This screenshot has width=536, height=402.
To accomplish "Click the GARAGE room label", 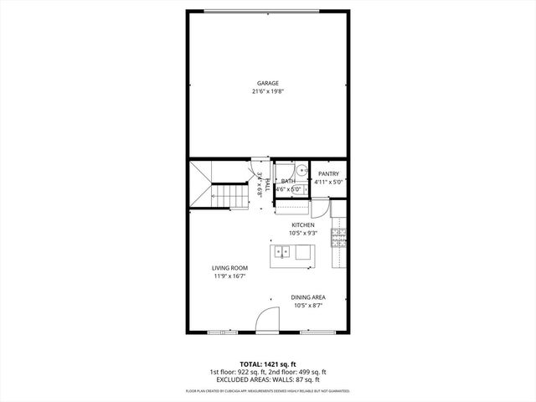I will click(x=268, y=83).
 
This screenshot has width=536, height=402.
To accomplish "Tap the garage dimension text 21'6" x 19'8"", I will click(x=268, y=91).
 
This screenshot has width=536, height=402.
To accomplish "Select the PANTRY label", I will click(x=328, y=173).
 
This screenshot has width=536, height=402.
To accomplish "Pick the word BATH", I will click(x=287, y=181).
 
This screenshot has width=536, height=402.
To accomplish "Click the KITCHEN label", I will click(x=302, y=225).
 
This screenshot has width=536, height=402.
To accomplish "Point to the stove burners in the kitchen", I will click(x=338, y=239).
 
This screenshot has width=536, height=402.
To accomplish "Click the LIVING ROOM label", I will click(x=229, y=268).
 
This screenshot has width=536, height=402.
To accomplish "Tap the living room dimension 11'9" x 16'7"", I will click(x=229, y=276).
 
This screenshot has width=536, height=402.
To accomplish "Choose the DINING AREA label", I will click(x=308, y=297).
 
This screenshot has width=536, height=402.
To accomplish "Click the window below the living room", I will click(x=221, y=332).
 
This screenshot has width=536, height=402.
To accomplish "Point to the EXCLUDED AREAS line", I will click(x=267, y=379).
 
